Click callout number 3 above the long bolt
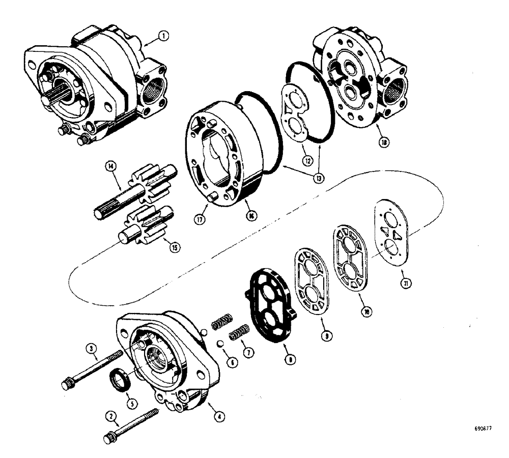pos(92,349)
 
